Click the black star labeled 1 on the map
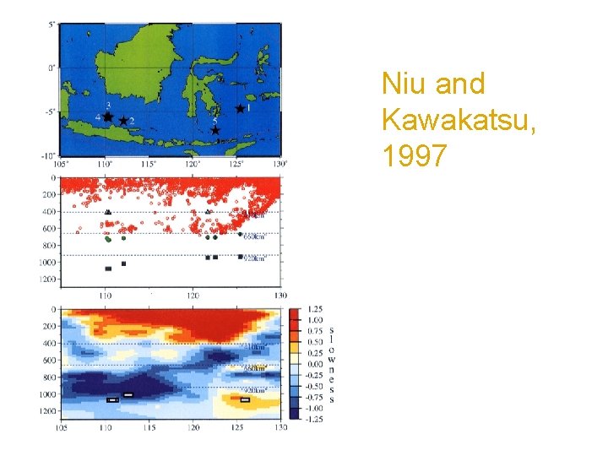tap(240, 109)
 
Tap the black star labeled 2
tap(123, 121)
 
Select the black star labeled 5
tap(215, 131)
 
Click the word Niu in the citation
tap(403, 84)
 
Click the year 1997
tap(411, 156)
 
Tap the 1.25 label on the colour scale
tap(313, 309)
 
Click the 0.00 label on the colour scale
tap(313, 363)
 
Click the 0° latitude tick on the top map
tap(52, 68)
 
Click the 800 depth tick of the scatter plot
tap(47, 246)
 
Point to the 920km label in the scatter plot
tap(254, 259)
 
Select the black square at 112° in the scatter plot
tap(123, 264)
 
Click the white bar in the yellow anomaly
tap(245, 400)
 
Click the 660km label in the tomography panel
tap(255, 368)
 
